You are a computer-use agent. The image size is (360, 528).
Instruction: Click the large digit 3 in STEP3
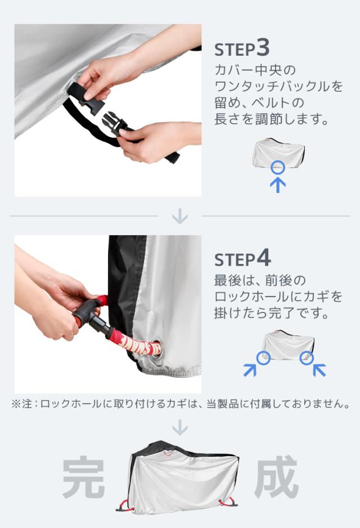pyautogui.click(x=263, y=47)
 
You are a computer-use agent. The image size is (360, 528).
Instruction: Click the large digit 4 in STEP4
pyautogui.click(x=264, y=258)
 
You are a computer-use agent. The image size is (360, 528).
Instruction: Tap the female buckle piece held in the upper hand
pyautogui.click(x=87, y=100)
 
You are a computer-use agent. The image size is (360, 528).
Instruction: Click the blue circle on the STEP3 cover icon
pyautogui.click(x=278, y=167)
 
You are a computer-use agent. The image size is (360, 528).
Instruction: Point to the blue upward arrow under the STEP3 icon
pyautogui.click(x=278, y=185)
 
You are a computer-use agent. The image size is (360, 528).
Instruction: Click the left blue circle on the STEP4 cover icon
pyautogui.click(x=263, y=357)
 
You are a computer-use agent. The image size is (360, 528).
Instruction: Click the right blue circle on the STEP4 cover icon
pyautogui.click(x=307, y=357)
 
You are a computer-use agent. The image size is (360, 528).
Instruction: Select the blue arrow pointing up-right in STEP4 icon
pyautogui.click(x=250, y=370)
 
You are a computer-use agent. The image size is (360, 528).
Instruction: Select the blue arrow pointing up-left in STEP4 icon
pyautogui.click(x=319, y=370)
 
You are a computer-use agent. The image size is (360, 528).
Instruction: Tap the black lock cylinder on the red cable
pyautogui.click(x=90, y=317)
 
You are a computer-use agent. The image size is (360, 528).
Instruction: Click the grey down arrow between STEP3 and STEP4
pyautogui.click(x=180, y=216)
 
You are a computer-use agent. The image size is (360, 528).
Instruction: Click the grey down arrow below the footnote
pyautogui.click(x=180, y=427)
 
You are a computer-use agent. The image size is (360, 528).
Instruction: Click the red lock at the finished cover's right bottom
pyautogui.click(x=227, y=502)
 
